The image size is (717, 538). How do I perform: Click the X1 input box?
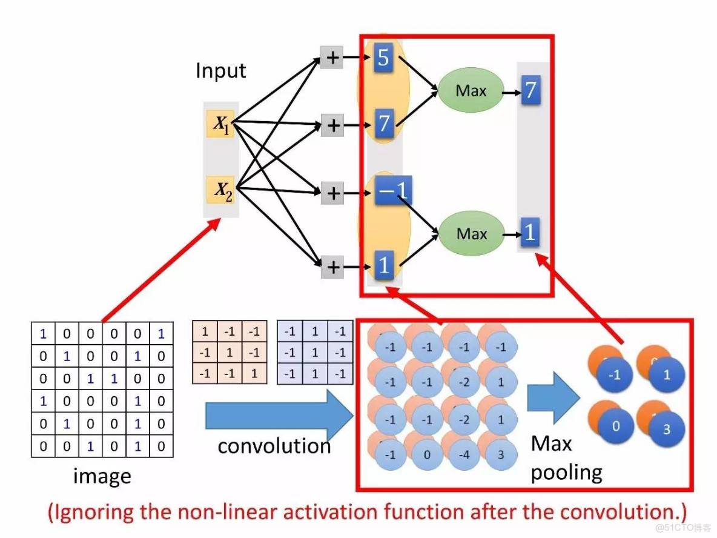(221, 124)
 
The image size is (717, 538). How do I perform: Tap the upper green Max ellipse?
(471, 91)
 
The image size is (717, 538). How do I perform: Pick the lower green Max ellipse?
(471, 233)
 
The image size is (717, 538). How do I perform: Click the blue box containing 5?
(383, 58)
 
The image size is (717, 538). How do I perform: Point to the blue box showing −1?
(391, 192)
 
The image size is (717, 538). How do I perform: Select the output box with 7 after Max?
(530, 90)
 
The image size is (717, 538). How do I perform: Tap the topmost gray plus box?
(332, 58)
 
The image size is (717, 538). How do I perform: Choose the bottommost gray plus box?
(332, 266)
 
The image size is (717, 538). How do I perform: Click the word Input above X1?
(220, 71)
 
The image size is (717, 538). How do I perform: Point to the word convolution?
(274, 447)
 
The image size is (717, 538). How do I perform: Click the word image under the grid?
(102, 476)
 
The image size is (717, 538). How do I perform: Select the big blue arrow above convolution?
(279, 415)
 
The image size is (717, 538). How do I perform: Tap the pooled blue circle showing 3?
(667, 429)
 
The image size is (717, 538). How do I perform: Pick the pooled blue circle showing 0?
(615, 426)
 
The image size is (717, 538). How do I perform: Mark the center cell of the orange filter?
(230, 353)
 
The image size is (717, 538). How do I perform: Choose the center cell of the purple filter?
(314, 353)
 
